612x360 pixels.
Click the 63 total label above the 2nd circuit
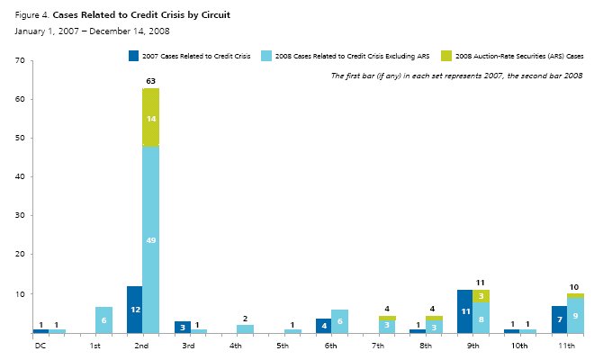pyautogui.click(x=150, y=81)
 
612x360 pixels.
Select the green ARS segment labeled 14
pyautogui.click(x=150, y=118)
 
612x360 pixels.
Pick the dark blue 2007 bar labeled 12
pyautogui.click(x=134, y=310)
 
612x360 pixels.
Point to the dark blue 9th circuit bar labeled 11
pyautogui.click(x=464, y=311)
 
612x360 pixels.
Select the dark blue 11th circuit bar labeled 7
pyautogui.click(x=559, y=319)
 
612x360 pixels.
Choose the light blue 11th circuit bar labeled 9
pyautogui.click(x=575, y=316)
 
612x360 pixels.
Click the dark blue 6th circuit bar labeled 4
pyautogui.click(x=323, y=326)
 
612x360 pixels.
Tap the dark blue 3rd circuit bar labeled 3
pyautogui.click(x=182, y=328)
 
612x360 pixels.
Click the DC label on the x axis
pyautogui.click(x=40, y=345)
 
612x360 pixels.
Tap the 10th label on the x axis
pyautogui.click(x=520, y=345)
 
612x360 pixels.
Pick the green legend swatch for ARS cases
pyautogui.click(x=448, y=56)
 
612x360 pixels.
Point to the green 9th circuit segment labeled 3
pyautogui.click(x=481, y=296)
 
